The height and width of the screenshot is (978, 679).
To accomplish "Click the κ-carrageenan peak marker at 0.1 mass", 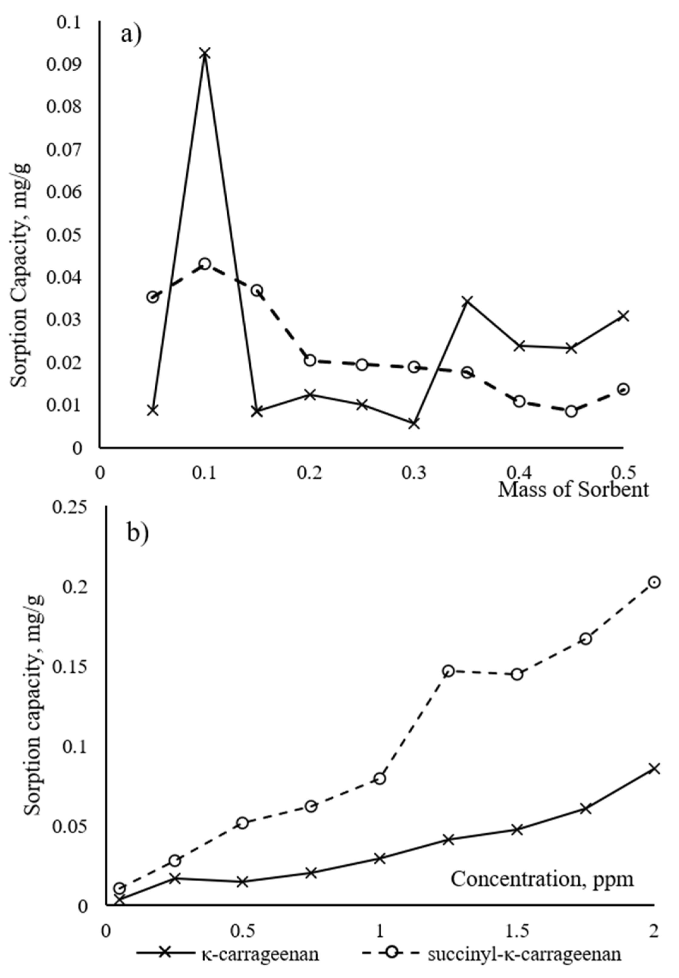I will point(205,54).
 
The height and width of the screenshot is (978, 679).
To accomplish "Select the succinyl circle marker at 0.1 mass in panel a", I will point(205,263).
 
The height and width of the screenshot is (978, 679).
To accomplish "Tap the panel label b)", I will point(138,533).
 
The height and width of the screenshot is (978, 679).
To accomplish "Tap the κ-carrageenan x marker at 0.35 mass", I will point(467,301).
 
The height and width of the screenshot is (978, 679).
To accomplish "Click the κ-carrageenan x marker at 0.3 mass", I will point(414,424).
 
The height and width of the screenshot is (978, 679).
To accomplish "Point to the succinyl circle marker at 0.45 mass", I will point(571,411).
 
